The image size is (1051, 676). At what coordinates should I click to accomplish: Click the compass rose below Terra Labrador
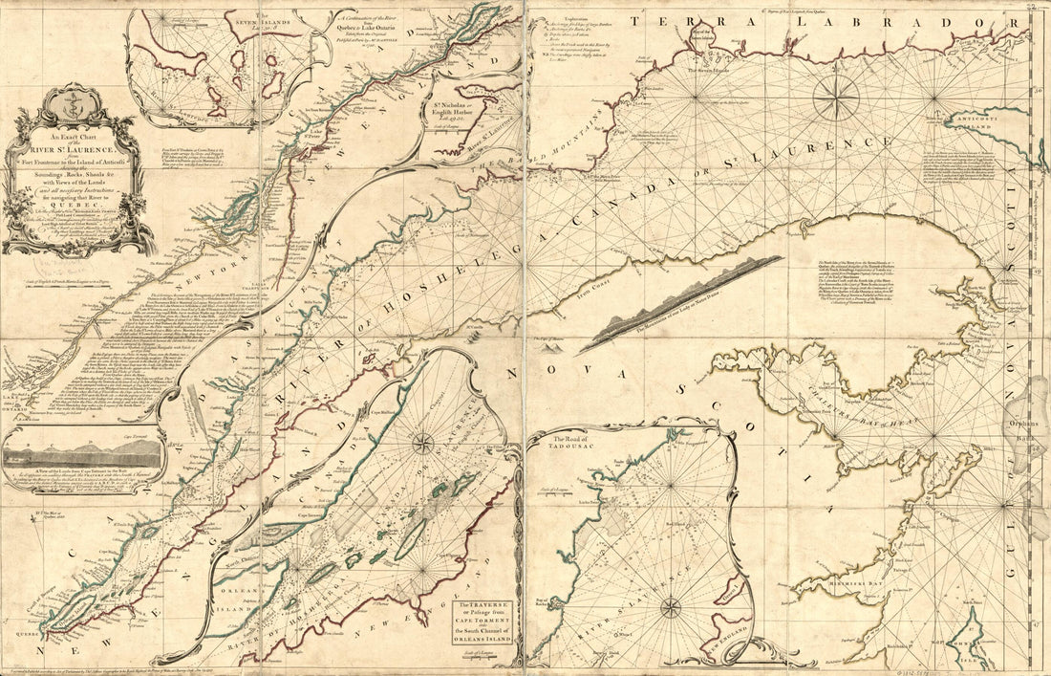pos(836,98)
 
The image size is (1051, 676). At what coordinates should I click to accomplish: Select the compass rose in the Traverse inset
pos(421,442)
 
